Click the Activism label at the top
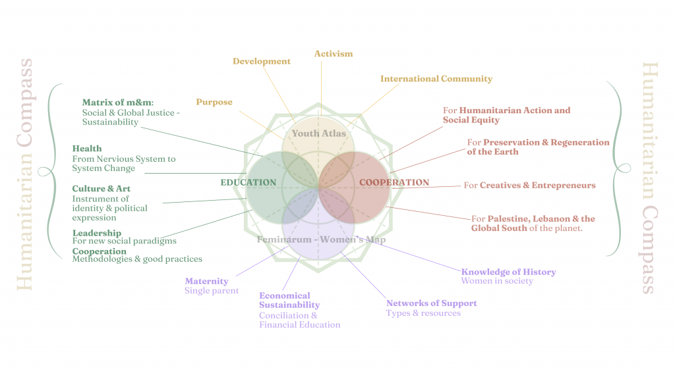tap(334, 54)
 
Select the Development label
tap(262, 61)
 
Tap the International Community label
tap(436, 79)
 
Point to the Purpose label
tap(214, 102)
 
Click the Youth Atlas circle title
tap(319, 134)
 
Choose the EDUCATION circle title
tap(249, 182)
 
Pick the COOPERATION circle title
tap(394, 182)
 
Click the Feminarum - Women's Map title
tap(322, 240)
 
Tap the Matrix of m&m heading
tap(117, 103)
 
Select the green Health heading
tap(87, 149)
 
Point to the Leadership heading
tap(97, 233)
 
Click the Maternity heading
tap(206, 281)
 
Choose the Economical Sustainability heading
tap(289, 301)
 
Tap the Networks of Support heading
tap(431, 303)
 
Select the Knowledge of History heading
tap(508, 272)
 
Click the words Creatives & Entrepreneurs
tap(537, 186)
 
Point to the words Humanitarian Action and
tap(514, 111)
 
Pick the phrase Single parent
tap(212, 291)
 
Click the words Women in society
tap(497, 282)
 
